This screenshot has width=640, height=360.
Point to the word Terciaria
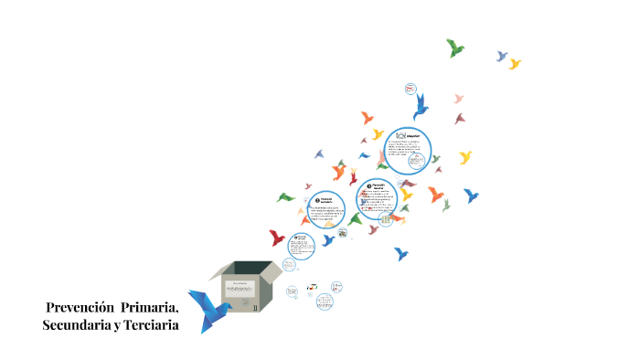pos(149,325)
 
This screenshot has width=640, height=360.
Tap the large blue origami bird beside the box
pos(208,308)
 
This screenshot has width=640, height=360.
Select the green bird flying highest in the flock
pos(454,48)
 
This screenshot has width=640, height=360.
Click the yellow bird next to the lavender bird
pos(515,63)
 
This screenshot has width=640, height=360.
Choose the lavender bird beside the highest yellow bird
pos(501,56)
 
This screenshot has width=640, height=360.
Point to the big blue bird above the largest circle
pos(421,107)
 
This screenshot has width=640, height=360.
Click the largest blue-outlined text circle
pos(407,150)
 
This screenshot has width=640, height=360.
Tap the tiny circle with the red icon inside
pos(410,89)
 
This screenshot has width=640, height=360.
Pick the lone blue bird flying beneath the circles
pos(400,253)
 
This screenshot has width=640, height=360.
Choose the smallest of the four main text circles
pos(301,244)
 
